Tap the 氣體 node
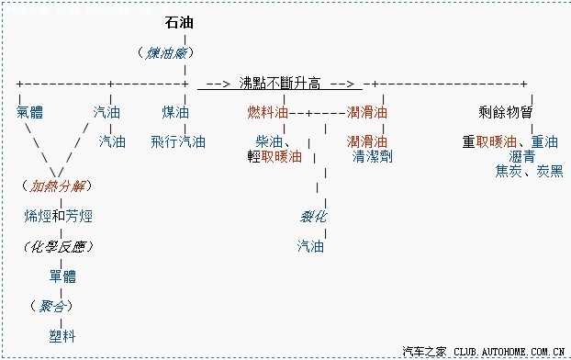30,112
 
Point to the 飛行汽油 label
179,141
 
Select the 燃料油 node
268,112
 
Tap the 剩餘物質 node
506,112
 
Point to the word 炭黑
550,171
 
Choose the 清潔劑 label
372,156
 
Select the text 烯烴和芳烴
58,216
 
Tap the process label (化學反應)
58,246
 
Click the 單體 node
62,276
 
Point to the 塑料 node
63,334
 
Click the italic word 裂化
314,216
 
